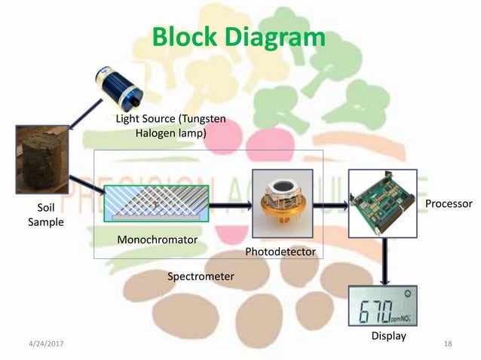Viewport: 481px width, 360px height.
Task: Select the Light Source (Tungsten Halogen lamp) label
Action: (170, 126)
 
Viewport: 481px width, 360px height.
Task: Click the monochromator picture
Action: (155, 204)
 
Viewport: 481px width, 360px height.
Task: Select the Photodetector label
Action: (280, 251)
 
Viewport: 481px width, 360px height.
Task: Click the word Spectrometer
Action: (200, 277)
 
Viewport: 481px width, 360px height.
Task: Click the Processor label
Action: (449, 204)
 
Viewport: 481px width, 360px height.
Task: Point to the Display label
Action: (388, 336)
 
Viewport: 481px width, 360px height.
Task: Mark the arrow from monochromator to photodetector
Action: (230, 204)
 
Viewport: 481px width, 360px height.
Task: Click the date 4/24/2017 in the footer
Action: (43, 343)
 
